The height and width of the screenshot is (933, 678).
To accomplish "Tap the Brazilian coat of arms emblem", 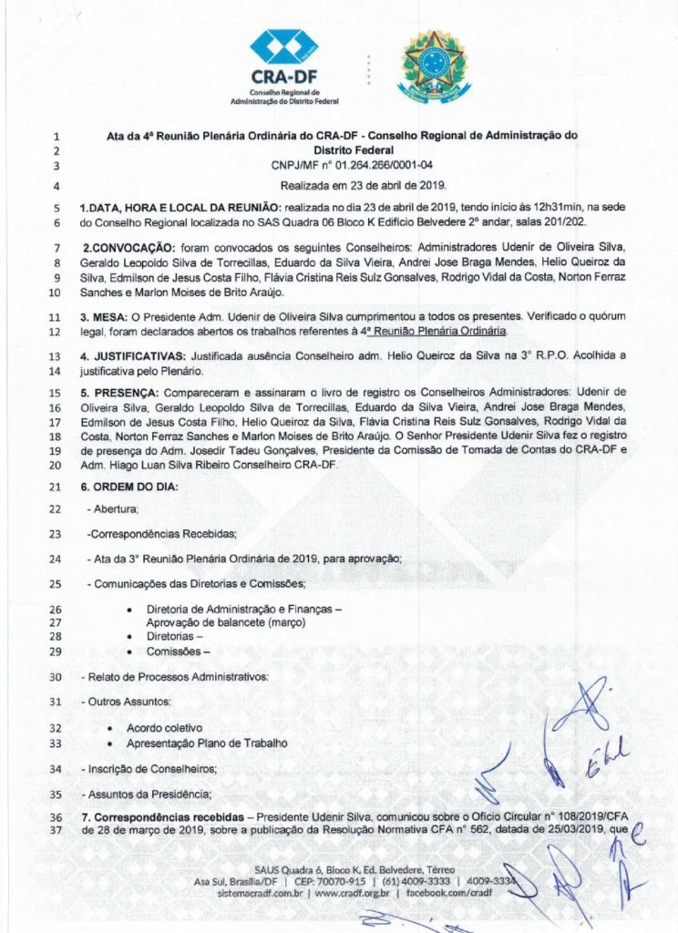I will coord(433,66).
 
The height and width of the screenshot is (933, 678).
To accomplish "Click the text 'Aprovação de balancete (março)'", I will coord(227,622).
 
